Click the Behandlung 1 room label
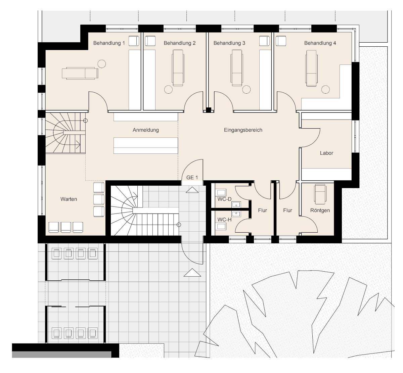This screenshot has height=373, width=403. [109, 43]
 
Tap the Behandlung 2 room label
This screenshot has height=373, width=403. [180, 43]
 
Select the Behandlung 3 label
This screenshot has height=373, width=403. [229, 43]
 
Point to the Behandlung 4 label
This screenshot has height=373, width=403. [320, 43]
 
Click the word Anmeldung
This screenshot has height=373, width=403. [146, 130]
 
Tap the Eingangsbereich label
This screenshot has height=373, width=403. [243, 130]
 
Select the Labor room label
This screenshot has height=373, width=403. [326, 153]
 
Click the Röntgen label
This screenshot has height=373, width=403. [320, 211]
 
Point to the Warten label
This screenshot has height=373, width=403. [69, 199]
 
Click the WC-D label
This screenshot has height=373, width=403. [224, 199]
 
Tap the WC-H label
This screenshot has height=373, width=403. [224, 220]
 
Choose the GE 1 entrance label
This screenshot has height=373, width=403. [192, 178]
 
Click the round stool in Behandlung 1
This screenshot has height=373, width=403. [101, 64]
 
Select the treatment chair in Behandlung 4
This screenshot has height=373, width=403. [311, 68]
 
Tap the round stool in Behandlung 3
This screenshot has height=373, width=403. [247, 90]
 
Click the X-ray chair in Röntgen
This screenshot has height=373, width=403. [320, 194]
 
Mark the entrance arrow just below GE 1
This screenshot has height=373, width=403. [192, 190]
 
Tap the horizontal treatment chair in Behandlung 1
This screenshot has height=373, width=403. [80, 73]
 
